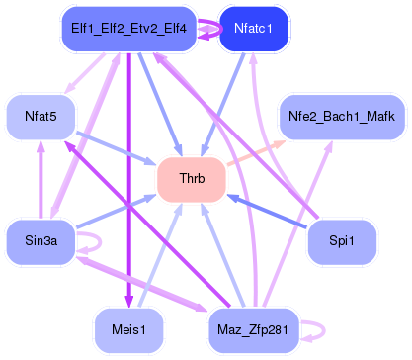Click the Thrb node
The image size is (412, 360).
coord(192,180)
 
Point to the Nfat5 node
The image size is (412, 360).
coord(40,117)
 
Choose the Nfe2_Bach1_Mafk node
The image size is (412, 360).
coord(341,117)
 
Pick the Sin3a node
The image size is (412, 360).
coord(40,241)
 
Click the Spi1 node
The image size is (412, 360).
coord(343,241)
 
